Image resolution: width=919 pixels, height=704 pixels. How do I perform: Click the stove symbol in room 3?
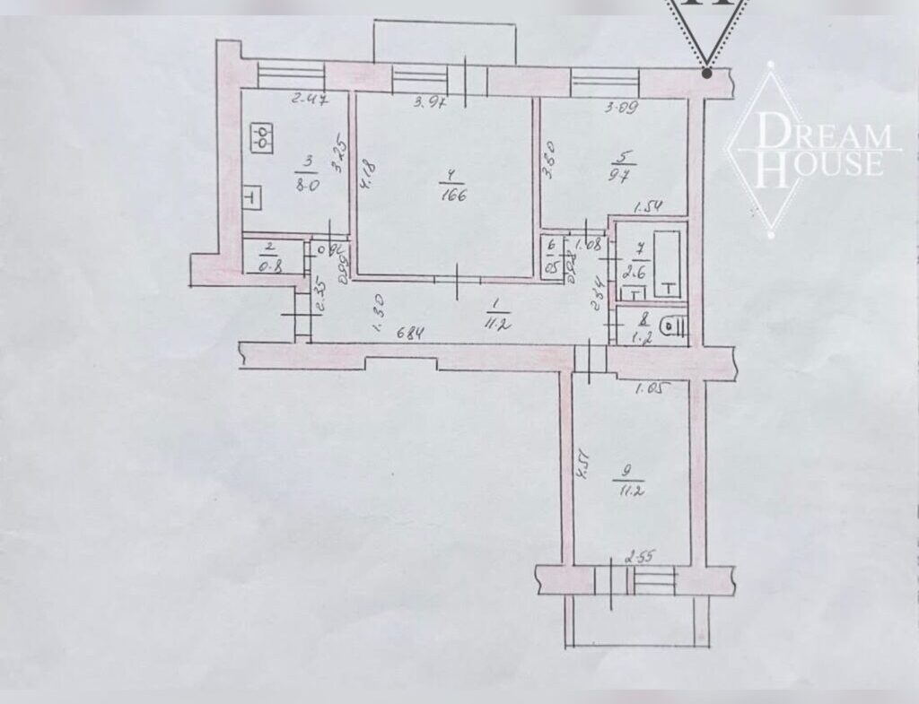[x=262, y=137]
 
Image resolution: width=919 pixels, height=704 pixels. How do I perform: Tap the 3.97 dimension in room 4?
[x=428, y=103]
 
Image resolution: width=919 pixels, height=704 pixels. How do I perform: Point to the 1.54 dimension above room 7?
[x=648, y=209]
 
